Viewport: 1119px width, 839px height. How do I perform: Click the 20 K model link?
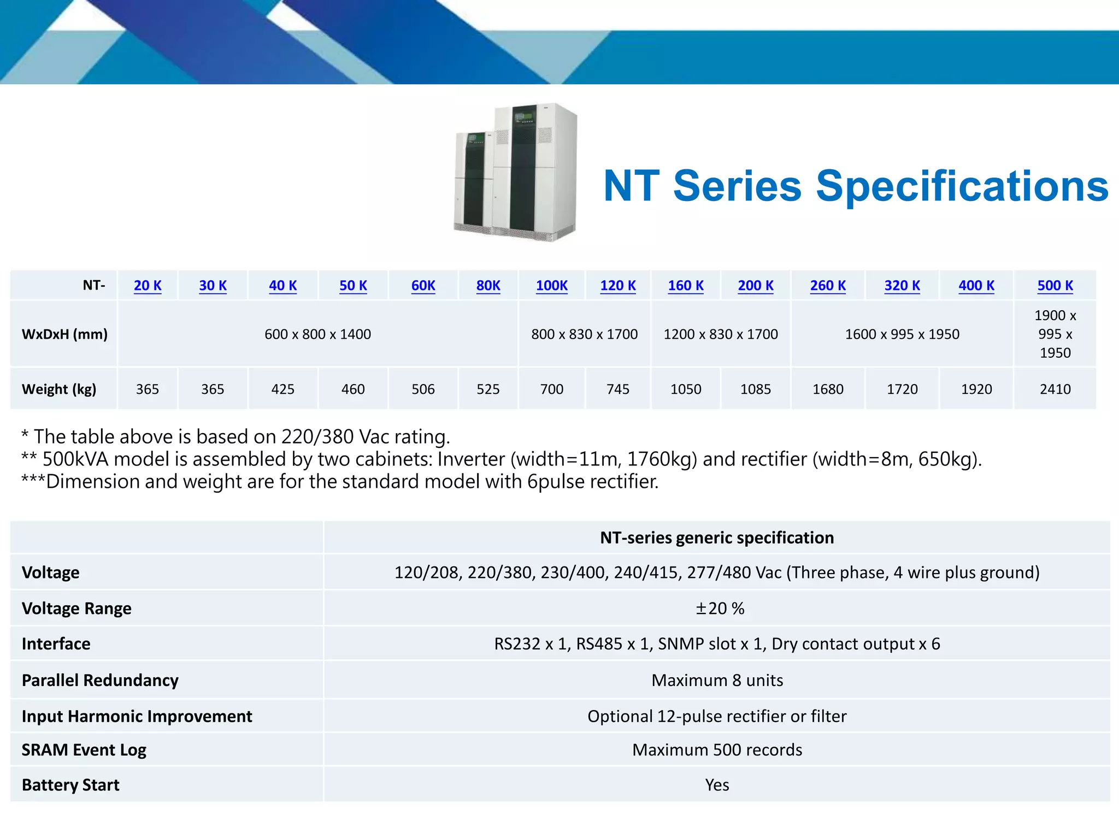pyautogui.click(x=148, y=286)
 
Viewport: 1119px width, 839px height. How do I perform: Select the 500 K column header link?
pyautogui.click(x=1055, y=286)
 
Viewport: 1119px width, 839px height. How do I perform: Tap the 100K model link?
pyautogui.click(x=551, y=286)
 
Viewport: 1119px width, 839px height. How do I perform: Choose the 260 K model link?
pyautogui.click(x=828, y=286)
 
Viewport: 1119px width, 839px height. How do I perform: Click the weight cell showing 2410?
pyautogui.click(x=1055, y=389)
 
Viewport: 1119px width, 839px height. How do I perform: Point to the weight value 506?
pyautogui.click(x=423, y=389)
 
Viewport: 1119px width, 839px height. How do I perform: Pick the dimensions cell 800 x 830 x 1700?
pyautogui.click(x=584, y=334)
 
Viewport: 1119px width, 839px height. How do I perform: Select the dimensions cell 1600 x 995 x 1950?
pyautogui.click(x=902, y=334)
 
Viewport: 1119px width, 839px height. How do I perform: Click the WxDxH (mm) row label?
pyautogui.click(x=64, y=334)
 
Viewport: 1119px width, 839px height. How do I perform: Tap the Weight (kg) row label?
pyautogui.click(x=59, y=389)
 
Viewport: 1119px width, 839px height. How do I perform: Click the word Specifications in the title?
pyautogui.click(x=962, y=187)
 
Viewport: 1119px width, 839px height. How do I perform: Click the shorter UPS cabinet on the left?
pyautogui.click(x=473, y=183)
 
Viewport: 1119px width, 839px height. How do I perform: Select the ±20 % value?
pyautogui.click(x=719, y=608)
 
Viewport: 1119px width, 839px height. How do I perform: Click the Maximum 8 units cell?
pyautogui.click(x=717, y=680)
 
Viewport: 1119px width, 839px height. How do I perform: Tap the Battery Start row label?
pyautogui.click(x=70, y=785)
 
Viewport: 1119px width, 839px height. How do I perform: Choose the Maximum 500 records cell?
pyautogui.click(x=717, y=749)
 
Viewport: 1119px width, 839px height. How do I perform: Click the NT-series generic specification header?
pyautogui.click(x=717, y=537)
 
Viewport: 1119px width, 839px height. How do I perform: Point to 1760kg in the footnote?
pyautogui.click(x=662, y=459)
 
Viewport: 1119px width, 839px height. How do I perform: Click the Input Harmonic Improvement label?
pyautogui.click(x=137, y=716)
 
